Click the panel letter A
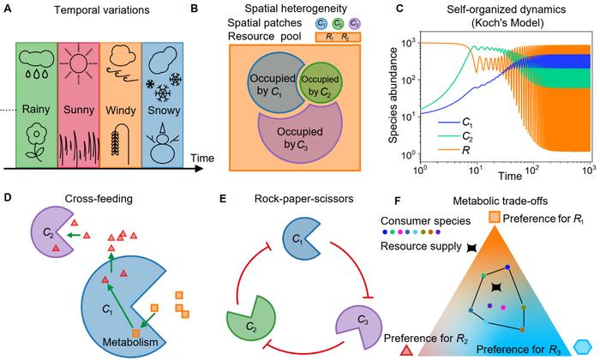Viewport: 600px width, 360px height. click(9, 9)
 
